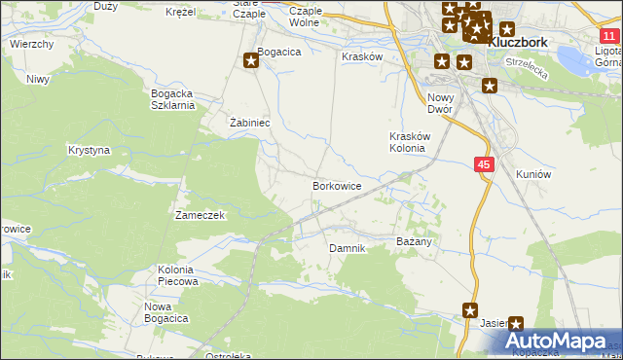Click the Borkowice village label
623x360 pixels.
point(337,185)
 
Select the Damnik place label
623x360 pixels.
point(347,248)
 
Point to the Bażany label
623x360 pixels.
point(414,239)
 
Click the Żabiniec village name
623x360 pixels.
point(248,124)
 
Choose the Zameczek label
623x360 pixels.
point(200,215)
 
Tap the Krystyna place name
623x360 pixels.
point(89,151)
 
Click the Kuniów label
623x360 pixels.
point(533,174)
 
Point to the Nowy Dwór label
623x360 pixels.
point(441,103)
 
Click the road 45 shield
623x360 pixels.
point(485,165)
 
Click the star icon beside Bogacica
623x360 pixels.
point(251,60)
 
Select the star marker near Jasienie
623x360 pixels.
point(516,324)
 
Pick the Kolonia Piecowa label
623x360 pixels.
point(177,275)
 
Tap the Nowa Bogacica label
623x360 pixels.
point(165,312)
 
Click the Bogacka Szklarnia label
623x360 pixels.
point(172,100)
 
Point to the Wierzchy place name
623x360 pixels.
point(31,45)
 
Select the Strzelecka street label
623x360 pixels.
point(527,67)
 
